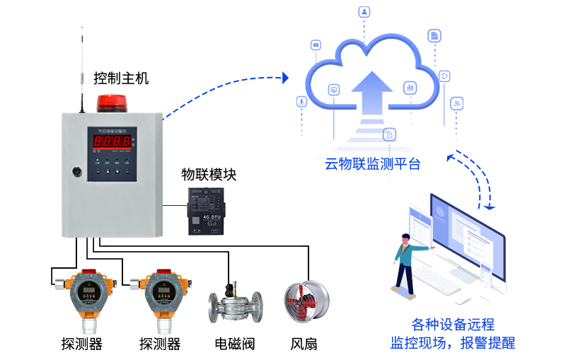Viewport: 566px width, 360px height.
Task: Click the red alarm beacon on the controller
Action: coord(110,103)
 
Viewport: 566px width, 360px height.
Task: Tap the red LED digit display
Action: coord(112,141)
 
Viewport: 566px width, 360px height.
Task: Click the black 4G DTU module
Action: coord(206,211)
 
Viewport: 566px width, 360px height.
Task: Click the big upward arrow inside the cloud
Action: coord(372,92)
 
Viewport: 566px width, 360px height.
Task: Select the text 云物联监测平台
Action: coord(372,165)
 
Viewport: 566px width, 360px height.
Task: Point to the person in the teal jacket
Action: coord(406,262)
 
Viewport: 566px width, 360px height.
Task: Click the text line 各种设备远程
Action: coord(453,325)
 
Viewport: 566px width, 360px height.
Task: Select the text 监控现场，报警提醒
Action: coord(453,344)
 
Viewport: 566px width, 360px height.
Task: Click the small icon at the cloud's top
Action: coord(364,12)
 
